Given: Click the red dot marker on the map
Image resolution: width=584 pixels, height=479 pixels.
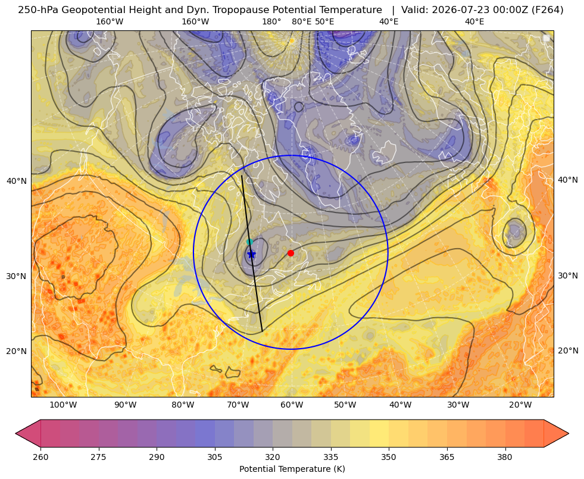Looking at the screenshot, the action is point(291,253).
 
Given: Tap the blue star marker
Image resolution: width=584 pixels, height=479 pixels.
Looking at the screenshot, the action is point(251,255).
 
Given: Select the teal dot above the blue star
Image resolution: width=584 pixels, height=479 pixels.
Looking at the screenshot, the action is point(249,242).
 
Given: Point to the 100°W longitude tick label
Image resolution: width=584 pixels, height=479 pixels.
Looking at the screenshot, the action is point(63,405).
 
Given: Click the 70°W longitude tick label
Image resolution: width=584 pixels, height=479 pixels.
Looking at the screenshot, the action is point(238,405).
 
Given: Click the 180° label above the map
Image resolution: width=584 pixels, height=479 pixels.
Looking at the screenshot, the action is point(271,21).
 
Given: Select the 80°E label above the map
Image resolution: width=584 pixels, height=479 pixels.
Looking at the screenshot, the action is point(301,21).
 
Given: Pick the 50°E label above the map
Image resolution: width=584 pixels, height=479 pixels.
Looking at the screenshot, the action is point(324,21).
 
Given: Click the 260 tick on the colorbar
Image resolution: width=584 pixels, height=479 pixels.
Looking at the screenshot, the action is point(40,457).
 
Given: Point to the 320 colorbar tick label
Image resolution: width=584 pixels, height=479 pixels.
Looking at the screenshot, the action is point(273,457).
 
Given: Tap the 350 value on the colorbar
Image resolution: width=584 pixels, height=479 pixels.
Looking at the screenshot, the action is point(389,457).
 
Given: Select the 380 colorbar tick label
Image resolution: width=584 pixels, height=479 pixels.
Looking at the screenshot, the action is point(505,457).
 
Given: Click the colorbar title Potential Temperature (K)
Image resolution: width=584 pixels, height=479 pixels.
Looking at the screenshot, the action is point(292,469).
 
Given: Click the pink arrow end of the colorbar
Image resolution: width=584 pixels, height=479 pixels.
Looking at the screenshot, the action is point(28,433).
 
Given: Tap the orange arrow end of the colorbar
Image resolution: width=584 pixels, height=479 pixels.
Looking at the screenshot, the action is point(556,433).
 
